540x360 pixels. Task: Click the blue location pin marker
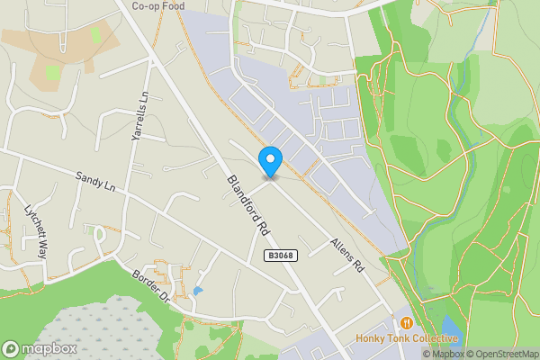(x=270, y=161)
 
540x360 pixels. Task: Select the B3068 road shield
(x=278, y=256)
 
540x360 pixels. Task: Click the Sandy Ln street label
(x=96, y=181)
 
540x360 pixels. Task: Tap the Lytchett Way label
(x=36, y=236)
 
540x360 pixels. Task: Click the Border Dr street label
(x=150, y=285)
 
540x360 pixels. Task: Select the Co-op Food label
(x=159, y=5)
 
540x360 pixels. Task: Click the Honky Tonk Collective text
(x=407, y=338)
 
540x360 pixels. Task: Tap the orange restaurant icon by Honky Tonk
(x=407, y=322)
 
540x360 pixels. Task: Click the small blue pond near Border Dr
(x=196, y=291)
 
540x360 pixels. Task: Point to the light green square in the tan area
(x=52, y=71)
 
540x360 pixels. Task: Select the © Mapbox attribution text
(x=442, y=354)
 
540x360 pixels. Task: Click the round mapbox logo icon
(x=12, y=348)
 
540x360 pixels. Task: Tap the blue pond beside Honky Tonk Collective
(x=450, y=325)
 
